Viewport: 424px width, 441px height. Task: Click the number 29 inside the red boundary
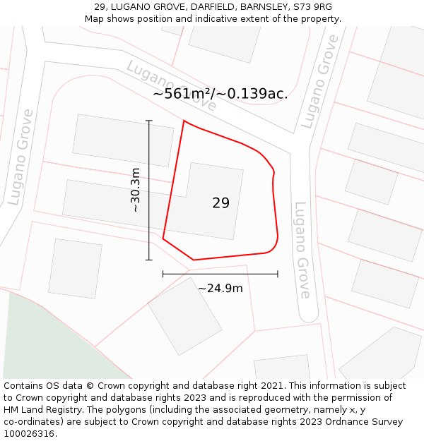pos(220,203)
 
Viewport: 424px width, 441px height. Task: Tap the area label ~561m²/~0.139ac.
pos(220,94)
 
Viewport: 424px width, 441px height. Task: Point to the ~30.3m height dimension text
pos(135,191)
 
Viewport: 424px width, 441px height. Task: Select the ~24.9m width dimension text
pos(220,288)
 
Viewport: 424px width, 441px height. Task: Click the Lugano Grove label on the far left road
pos(21,157)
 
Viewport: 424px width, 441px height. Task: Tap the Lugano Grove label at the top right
pos(319,83)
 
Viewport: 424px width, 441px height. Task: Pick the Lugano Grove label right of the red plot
pos(302,250)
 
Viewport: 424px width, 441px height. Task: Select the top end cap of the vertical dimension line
pos(149,121)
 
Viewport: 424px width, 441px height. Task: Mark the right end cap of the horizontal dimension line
pos(278,274)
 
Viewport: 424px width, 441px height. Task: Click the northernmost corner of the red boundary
pos(184,121)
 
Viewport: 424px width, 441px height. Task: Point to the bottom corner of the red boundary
pos(194,260)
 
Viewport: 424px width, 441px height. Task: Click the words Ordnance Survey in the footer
pos(363,422)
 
